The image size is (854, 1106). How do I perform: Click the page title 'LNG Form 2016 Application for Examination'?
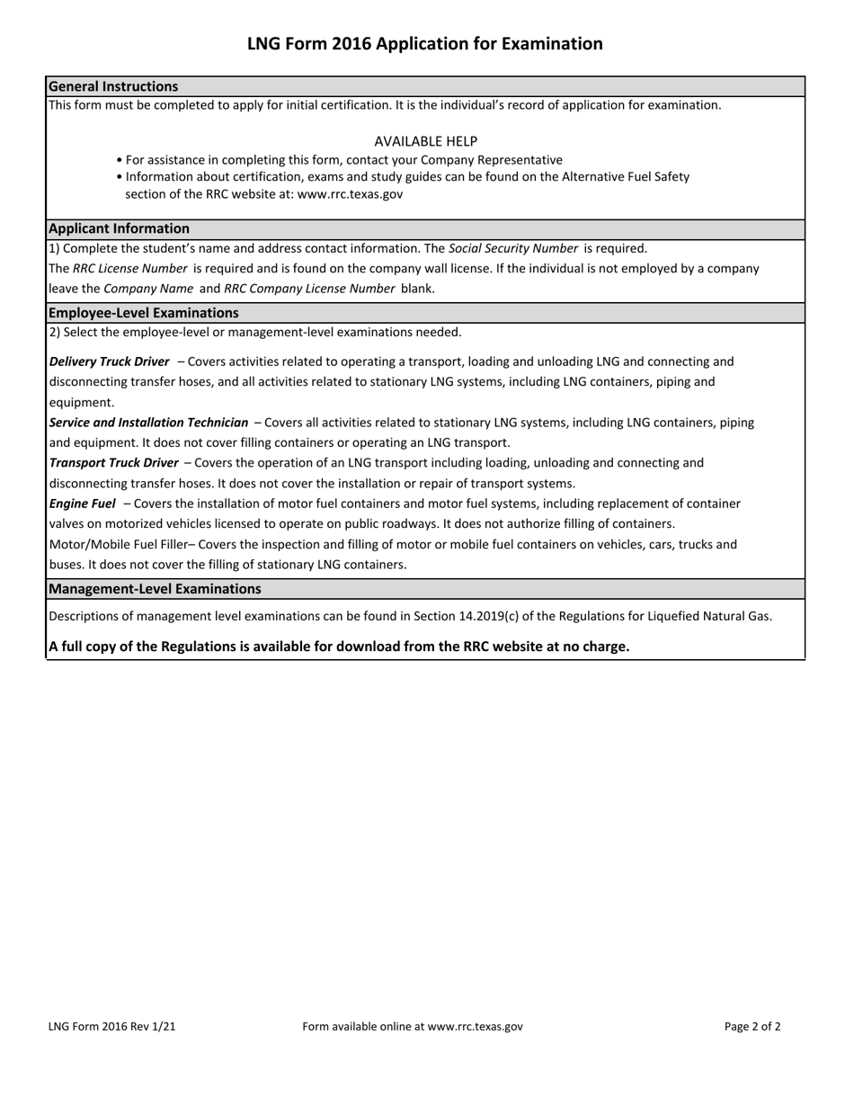point(425,44)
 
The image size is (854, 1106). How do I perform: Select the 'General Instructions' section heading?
point(113,86)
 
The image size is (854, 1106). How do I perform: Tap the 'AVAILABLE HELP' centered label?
point(425,141)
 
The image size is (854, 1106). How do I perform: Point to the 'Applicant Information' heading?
point(119,228)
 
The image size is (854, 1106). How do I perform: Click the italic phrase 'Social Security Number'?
point(512,248)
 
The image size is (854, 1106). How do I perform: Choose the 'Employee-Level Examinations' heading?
point(143,313)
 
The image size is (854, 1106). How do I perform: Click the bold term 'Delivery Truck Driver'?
point(109,361)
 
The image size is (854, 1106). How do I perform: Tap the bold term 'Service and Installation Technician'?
point(148,423)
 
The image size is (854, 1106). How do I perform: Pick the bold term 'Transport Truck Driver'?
point(113,463)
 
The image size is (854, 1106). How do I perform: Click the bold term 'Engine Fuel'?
point(82,504)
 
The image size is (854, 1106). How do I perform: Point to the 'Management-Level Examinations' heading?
point(155,589)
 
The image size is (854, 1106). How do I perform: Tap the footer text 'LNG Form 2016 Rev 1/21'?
point(112,1026)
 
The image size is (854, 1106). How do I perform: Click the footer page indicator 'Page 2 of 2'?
point(752,1026)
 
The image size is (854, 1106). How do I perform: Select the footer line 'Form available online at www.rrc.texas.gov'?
point(413,1026)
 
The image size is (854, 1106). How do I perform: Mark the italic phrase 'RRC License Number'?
point(130,268)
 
